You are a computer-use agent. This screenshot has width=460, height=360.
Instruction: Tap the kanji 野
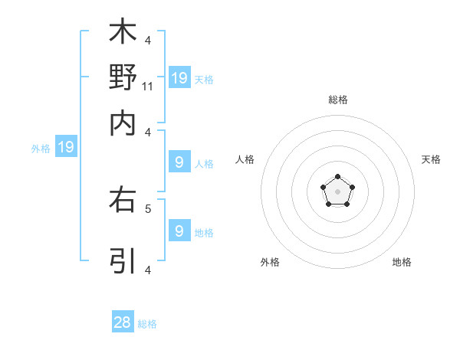123,77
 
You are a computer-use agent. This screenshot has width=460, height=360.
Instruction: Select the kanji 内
123,123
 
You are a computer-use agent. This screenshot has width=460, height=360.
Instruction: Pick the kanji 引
123,260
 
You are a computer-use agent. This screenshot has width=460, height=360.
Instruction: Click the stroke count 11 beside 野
148,86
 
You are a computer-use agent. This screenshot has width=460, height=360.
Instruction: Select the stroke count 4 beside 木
148,40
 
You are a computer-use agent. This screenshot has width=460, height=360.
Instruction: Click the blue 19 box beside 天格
179,77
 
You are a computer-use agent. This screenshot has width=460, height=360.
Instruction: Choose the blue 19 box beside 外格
66,147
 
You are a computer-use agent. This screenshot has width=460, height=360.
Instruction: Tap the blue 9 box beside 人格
179,162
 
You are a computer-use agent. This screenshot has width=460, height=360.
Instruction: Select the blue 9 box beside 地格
179,231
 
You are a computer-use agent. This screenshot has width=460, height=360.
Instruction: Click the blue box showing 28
123,322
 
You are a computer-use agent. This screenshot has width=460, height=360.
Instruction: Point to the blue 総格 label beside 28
148,324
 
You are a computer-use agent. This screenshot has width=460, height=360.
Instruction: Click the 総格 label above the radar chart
338,100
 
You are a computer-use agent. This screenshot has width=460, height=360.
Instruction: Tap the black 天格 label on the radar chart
432,159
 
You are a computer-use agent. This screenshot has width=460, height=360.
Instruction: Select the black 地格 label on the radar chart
402,262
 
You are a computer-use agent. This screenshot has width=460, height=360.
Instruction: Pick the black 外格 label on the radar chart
270,262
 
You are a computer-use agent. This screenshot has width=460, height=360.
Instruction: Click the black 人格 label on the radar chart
245,159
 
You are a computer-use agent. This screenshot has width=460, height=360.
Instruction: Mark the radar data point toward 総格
337,177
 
